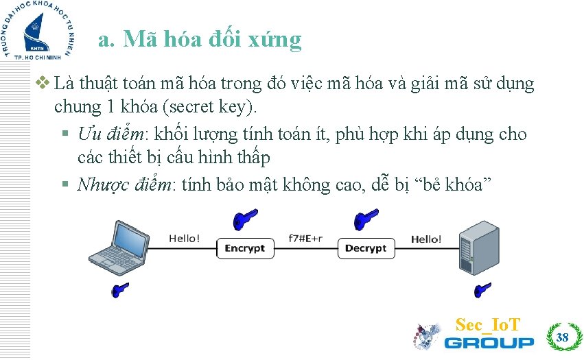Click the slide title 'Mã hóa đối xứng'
tap(200, 40)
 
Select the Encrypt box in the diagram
tap(245, 248)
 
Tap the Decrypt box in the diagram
tap(366, 248)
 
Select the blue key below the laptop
tap(121, 290)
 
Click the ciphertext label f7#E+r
tap(305, 239)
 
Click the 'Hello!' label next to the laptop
tap(185, 239)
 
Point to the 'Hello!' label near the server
tap(426, 239)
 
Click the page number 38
tap(563, 337)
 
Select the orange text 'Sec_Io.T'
tap(488, 324)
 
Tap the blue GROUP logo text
tap(489, 342)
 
